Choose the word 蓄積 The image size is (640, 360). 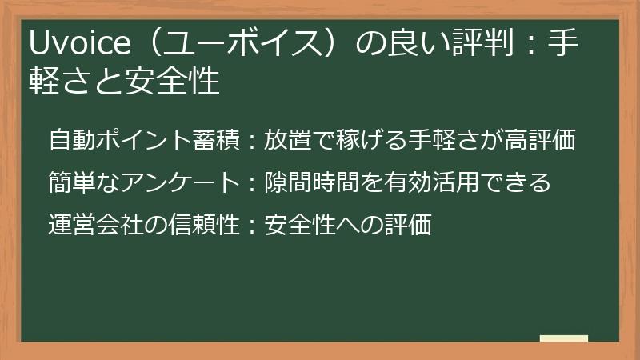(214, 141)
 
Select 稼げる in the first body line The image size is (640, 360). (358, 141)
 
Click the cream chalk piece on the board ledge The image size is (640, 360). (563, 338)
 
